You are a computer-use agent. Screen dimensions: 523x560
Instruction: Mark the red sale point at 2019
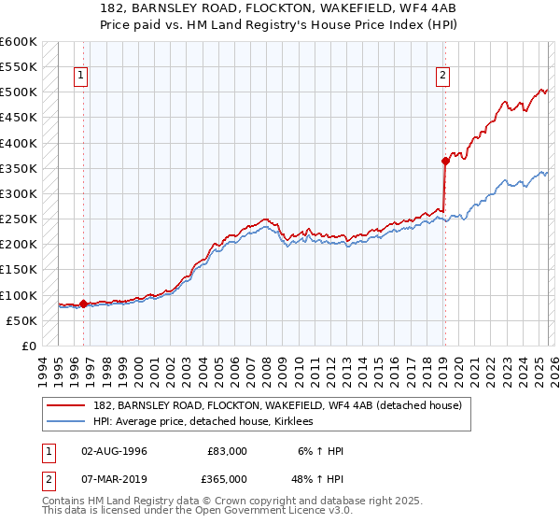pos(445,161)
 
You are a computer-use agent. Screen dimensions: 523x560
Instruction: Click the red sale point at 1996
pos(83,304)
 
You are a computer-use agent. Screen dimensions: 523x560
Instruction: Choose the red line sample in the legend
pos(66,405)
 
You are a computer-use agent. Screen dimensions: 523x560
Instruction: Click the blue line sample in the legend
pos(66,421)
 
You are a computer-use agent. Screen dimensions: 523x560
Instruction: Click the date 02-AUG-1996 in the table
pos(114,451)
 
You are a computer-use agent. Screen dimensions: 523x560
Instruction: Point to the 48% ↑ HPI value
pos(318,478)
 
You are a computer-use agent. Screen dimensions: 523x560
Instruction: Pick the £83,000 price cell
pos(227,451)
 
